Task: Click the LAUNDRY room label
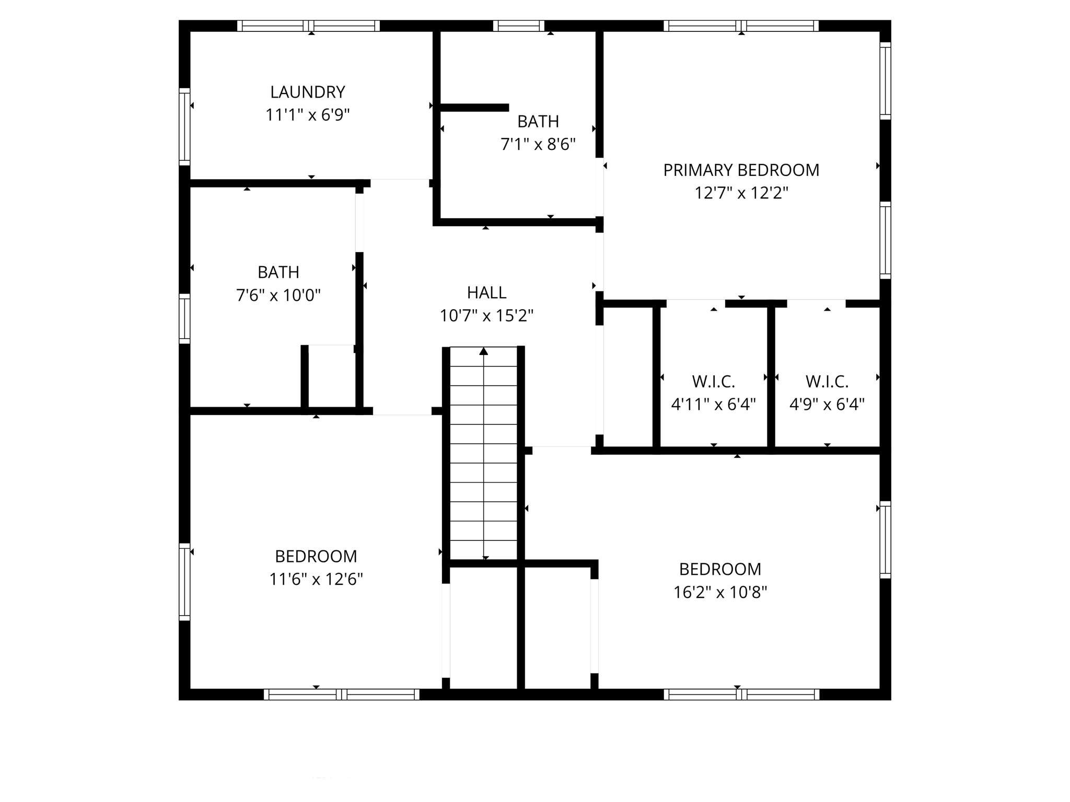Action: pos(307,92)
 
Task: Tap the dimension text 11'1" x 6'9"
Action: pos(307,115)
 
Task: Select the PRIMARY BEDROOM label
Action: pos(741,170)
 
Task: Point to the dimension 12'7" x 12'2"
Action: pos(741,193)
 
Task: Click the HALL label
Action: pos(486,293)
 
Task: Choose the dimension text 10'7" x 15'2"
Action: pos(486,316)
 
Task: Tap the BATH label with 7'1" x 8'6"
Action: pos(538,122)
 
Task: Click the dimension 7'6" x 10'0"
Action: pos(278,296)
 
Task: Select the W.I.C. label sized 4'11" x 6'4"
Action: pos(713,382)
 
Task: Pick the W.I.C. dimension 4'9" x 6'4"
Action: pos(827,405)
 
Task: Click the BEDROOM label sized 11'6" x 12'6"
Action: pos(316,557)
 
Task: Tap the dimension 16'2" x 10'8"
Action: pos(720,592)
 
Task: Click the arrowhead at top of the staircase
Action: pos(484,351)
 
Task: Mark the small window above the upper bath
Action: pos(518,26)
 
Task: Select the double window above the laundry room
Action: pos(308,26)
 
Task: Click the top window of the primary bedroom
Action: pos(741,26)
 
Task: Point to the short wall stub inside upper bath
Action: pos(474,108)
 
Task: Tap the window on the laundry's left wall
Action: pos(184,127)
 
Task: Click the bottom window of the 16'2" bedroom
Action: pos(741,694)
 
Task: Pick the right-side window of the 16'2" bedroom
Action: pos(885,539)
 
